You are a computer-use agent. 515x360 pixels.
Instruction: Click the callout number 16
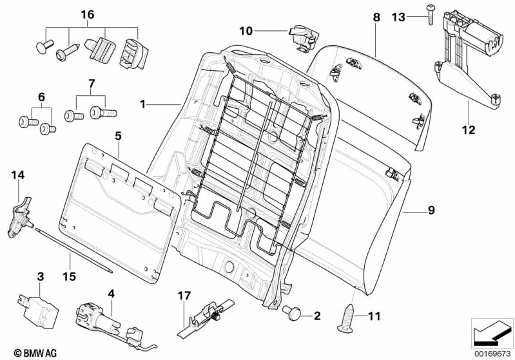(87, 14)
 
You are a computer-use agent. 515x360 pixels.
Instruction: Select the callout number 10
(246, 31)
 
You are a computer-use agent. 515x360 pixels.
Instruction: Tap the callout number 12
(468, 130)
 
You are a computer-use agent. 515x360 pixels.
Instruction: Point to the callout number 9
(431, 209)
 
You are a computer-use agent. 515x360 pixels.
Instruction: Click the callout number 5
(118, 137)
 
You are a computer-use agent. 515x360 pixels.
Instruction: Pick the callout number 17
(185, 296)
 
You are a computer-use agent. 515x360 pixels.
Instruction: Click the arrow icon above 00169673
(492, 332)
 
